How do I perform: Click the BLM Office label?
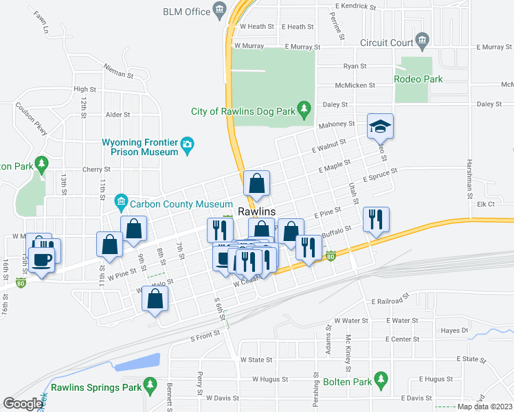point(186,12)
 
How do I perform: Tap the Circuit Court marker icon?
point(422,41)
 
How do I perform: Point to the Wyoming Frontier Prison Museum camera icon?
point(187,144)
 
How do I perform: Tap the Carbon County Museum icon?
point(122,201)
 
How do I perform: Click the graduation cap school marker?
point(379,126)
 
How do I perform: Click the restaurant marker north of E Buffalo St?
point(375,220)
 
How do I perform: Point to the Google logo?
point(23,404)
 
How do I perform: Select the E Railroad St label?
point(390,301)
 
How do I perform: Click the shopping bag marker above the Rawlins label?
point(256,183)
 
